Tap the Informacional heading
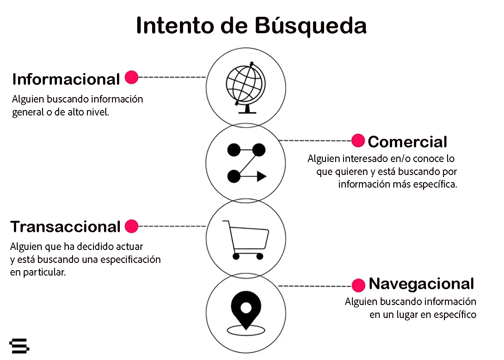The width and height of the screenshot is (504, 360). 66,79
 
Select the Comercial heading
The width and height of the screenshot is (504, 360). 407,142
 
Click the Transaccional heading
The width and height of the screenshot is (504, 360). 65,227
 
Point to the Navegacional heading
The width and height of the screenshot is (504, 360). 421,284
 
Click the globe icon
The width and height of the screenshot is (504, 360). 246,87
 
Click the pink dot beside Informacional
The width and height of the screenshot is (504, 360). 132,77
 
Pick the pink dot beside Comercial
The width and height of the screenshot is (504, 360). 358,140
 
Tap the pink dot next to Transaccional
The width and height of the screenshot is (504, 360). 132,226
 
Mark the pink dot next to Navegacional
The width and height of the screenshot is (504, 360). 358,285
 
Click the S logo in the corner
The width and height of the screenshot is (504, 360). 19,345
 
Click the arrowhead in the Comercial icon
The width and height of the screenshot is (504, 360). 261,176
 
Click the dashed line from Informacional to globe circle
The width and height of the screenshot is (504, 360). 172,77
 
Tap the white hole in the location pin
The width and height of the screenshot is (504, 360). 246,307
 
